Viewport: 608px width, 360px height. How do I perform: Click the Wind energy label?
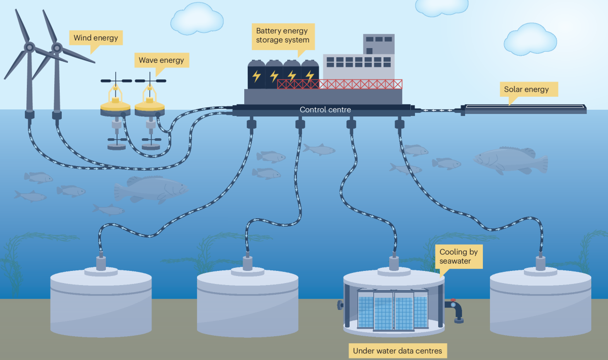click(x=95, y=37)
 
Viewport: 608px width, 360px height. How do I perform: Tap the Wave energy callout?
click(x=161, y=61)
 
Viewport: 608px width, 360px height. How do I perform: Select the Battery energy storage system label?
click(x=282, y=35)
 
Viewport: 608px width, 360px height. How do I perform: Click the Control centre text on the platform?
click(x=325, y=109)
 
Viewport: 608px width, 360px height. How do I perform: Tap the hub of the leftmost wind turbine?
click(x=29, y=48)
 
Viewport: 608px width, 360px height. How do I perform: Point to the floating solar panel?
click(x=524, y=108)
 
